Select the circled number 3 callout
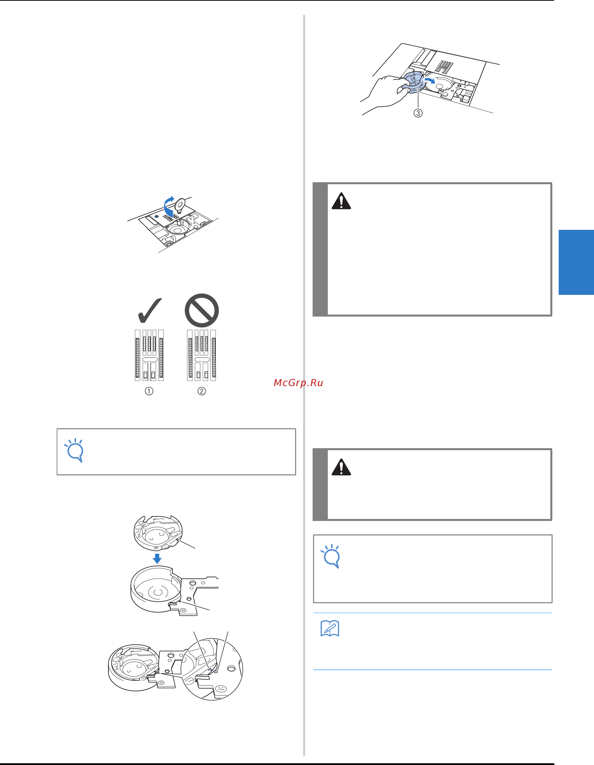(x=418, y=113)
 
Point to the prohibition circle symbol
(x=202, y=310)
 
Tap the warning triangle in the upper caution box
(x=341, y=201)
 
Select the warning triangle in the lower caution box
(x=341, y=467)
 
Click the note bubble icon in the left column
(x=74, y=450)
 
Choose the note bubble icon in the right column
(x=331, y=556)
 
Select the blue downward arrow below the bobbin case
(x=157, y=558)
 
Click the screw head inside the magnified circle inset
(x=221, y=689)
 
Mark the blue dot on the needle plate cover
(x=156, y=217)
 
